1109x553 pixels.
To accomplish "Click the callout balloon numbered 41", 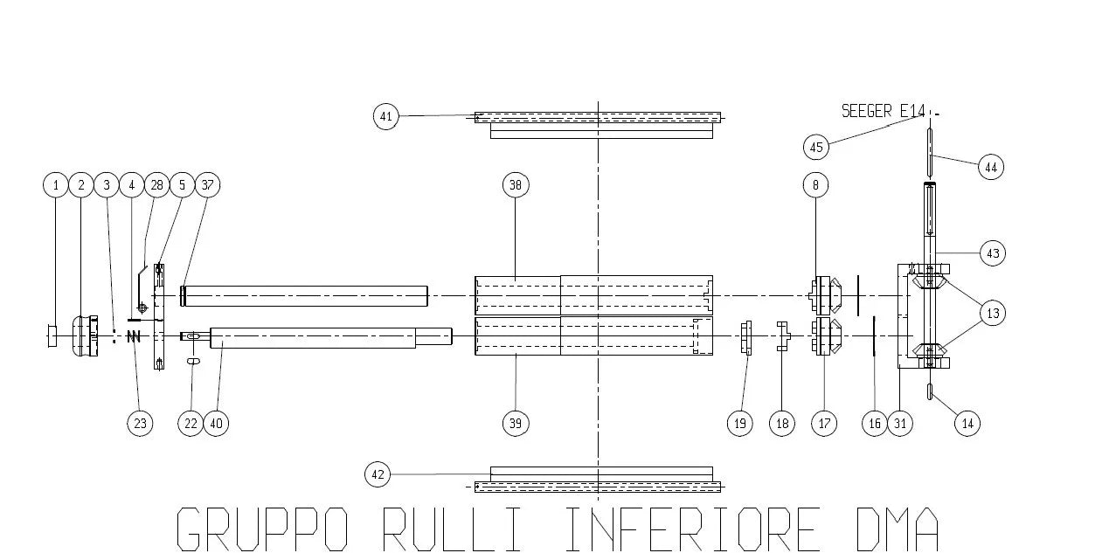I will click(386, 116).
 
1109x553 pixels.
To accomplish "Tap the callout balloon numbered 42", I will click(378, 475).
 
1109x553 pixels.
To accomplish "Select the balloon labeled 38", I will click(516, 185).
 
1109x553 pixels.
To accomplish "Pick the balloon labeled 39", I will click(516, 424).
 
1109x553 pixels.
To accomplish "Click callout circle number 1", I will click(56, 185).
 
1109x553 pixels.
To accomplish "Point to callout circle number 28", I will click(156, 185).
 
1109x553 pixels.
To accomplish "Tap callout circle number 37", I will click(207, 185).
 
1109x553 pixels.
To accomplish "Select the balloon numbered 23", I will click(140, 424).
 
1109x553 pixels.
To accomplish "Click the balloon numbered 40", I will click(216, 424).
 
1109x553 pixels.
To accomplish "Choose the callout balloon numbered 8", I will click(815, 185).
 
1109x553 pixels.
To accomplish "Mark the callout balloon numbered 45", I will click(817, 147).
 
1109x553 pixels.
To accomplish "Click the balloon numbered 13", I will click(992, 313).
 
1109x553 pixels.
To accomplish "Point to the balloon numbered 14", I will click(967, 424).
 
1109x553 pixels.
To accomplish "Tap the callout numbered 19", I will click(740, 424).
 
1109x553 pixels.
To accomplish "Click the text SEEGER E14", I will click(883, 111).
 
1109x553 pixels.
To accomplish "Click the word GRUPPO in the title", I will click(263, 528).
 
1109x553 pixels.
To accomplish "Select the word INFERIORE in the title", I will click(690, 528).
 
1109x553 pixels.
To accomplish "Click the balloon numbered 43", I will click(992, 253).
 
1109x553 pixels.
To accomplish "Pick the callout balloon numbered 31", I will click(901, 424).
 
